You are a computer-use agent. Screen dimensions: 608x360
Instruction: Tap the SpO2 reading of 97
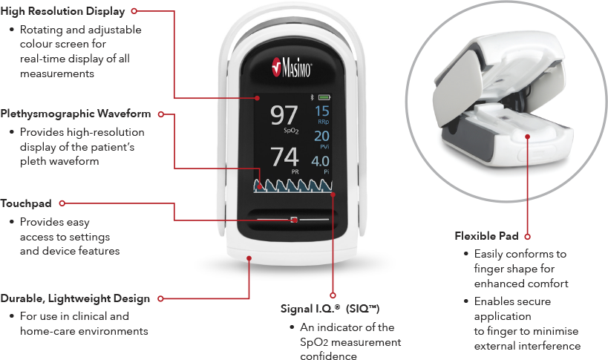click(x=283, y=117)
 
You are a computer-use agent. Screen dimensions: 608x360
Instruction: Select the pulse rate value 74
click(x=284, y=157)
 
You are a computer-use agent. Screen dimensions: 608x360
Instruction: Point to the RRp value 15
click(x=322, y=111)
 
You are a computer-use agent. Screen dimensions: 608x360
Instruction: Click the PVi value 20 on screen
click(x=322, y=136)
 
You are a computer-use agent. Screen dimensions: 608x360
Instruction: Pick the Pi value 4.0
click(x=321, y=161)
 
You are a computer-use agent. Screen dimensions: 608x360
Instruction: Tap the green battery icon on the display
click(x=324, y=97)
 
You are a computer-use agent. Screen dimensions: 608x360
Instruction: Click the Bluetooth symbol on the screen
click(x=313, y=97)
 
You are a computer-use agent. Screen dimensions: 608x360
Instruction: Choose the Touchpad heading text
click(x=26, y=203)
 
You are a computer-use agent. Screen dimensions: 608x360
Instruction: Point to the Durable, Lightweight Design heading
click(x=75, y=298)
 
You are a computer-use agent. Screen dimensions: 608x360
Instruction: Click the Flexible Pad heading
click(x=487, y=236)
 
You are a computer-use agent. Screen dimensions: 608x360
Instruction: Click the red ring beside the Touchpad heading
click(x=62, y=203)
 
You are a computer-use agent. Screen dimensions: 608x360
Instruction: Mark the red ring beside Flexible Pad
click(x=526, y=236)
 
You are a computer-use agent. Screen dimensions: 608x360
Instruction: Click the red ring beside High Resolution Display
click(x=134, y=11)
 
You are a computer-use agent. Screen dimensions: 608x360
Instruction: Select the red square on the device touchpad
click(x=294, y=220)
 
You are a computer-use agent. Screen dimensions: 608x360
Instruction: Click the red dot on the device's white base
click(x=249, y=259)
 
